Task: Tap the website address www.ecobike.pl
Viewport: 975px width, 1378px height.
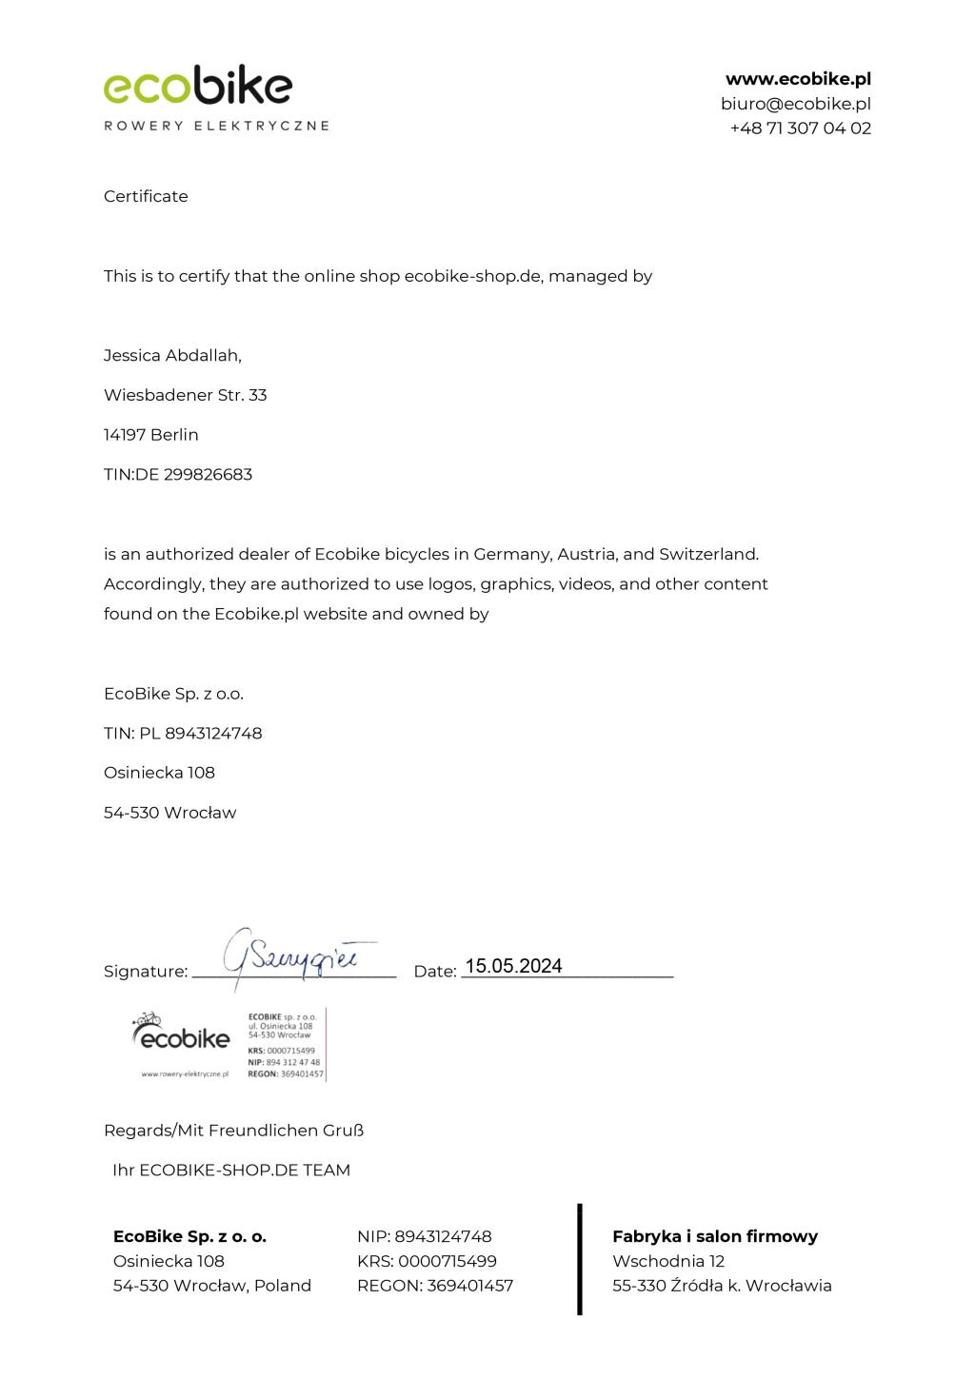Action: point(798,79)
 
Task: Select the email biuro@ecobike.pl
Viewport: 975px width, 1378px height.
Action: point(795,104)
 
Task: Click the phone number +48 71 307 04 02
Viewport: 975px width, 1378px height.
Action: point(800,128)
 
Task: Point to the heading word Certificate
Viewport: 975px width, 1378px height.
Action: point(146,196)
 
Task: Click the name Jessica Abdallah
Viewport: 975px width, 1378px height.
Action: point(172,356)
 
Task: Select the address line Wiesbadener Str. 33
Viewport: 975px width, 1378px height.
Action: point(185,395)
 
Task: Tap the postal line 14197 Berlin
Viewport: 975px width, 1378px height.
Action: point(150,435)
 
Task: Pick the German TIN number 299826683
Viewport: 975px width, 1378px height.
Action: point(208,475)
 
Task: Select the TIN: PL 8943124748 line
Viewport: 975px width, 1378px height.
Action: point(183,734)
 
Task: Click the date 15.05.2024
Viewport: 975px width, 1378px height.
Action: point(513,966)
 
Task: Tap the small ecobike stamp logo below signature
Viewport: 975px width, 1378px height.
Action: point(182,1036)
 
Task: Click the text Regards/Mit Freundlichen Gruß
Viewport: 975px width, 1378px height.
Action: point(233,1131)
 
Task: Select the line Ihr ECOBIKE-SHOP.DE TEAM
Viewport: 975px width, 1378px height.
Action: point(231,1171)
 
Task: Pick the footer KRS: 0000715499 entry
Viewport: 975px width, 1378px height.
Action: point(427,1262)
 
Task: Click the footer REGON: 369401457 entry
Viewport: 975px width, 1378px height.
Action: point(435,1286)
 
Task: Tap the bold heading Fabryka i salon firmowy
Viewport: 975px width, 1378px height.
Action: point(715,1237)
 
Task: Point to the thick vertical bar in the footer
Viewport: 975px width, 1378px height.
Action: point(579,1259)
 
